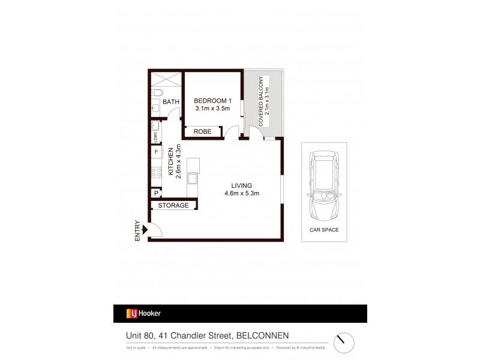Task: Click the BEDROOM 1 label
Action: click(212, 100)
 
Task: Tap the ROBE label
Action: click(202, 131)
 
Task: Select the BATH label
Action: click(171, 102)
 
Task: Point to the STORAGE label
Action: click(173, 205)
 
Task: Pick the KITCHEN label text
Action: click(171, 161)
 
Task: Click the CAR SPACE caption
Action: click(324, 230)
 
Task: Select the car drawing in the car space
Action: click(323, 184)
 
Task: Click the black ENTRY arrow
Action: click(144, 229)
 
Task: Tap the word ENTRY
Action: click(137, 230)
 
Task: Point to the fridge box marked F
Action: click(156, 152)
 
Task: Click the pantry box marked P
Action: click(156, 193)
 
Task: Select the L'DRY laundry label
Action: click(155, 136)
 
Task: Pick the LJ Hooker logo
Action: click(143, 313)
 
